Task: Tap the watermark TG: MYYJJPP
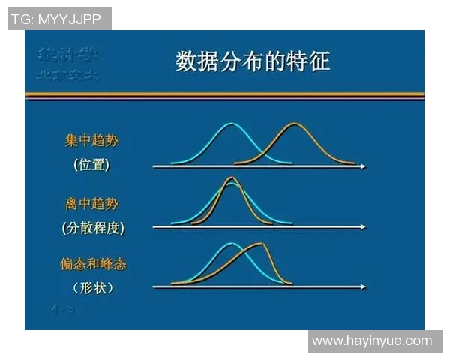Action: (58, 19)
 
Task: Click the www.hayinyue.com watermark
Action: (372, 340)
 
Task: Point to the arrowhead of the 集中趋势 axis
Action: (363, 166)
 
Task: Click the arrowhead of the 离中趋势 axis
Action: (363, 226)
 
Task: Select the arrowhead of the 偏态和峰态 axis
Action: (363, 286)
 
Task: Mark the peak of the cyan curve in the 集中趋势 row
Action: (231, 124)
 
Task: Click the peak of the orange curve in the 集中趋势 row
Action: (295, 124)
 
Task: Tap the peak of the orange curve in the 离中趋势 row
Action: (232, 178)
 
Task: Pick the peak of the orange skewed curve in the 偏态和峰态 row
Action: (260, 244)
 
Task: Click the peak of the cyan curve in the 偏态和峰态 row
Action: (232, 244)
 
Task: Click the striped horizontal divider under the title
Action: (224, 95)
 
